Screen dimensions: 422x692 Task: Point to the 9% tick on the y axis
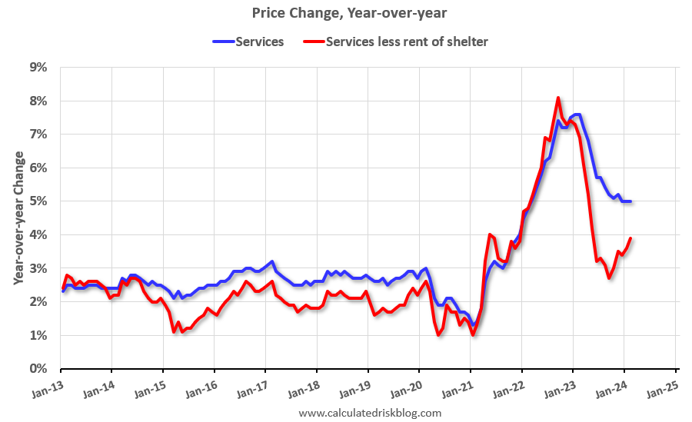click(38, 68)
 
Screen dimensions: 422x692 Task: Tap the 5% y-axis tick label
click(38, 201)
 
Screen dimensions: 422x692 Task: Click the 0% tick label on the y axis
click(38, 369)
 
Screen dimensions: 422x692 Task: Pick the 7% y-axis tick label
click(38, 135)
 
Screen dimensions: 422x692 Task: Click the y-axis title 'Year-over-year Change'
click(18, 218)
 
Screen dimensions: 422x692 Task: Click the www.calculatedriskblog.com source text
click(370, 414)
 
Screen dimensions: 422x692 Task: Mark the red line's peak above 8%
click(558, 98)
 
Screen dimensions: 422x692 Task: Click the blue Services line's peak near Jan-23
click(577, 115)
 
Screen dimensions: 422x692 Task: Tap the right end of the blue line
click(631, 201)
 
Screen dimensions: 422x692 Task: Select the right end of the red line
click(631, 238)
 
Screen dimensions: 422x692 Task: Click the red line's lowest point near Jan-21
click(473, 334)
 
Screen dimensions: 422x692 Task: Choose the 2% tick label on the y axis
click(38, 302)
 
